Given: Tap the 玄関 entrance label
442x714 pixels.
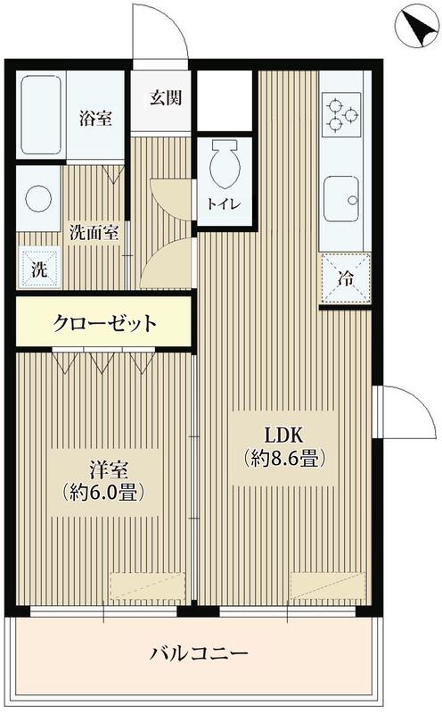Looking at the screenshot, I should point(166,97).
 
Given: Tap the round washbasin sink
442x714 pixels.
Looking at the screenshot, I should point(37,198).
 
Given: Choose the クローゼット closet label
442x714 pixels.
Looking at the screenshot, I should point(105,323).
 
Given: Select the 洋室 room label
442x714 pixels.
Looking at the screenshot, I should point(104,467).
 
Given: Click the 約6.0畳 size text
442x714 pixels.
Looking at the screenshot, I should point(104,491).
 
